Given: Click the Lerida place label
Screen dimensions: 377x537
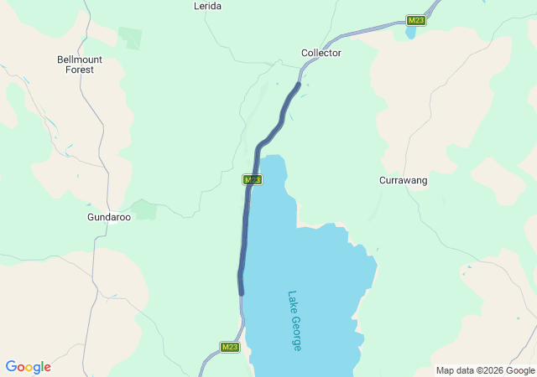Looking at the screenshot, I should [x=207, y=6].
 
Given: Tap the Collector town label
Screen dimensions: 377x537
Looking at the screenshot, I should [x=321, y=53].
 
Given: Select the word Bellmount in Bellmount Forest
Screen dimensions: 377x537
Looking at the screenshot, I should [x=80, y=59].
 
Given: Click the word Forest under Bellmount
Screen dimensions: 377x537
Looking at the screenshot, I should [x=80, y=70].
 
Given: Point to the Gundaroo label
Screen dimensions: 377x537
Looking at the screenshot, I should [x=109, y=216].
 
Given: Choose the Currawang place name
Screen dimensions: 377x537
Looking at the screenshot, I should [x=403, y=180].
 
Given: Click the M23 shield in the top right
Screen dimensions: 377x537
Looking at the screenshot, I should [x=415, y=20].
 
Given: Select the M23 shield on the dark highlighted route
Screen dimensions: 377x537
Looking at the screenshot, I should [x=253, y=179].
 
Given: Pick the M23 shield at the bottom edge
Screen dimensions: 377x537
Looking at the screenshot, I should [x=231, y=347].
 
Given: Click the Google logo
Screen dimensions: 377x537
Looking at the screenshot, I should [x=28, y=367].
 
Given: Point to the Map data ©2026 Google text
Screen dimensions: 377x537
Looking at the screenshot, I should [x=484, y=370].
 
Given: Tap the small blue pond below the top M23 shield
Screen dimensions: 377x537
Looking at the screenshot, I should [x=410, y=33].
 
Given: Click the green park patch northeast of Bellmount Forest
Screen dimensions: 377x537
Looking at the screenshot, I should [x=130, y=38].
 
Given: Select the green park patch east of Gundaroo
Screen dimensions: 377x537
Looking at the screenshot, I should [x=144, y=209].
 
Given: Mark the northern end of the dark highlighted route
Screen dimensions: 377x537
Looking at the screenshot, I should [x=298, y=84].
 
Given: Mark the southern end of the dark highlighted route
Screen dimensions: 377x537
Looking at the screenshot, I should [x=242, y=293].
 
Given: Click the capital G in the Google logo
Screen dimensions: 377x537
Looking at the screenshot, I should [x=11, y=367].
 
